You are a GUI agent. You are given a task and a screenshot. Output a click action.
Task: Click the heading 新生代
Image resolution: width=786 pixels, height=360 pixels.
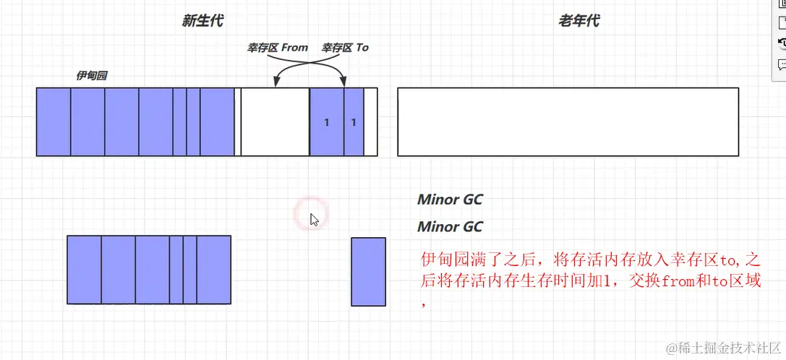point(202,21)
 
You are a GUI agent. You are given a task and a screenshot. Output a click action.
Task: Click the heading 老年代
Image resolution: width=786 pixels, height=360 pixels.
point(578,21)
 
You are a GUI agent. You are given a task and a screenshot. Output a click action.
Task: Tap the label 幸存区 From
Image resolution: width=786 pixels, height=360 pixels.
point(278,48)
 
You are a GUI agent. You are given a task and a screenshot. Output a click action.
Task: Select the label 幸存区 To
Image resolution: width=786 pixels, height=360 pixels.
point(345,48)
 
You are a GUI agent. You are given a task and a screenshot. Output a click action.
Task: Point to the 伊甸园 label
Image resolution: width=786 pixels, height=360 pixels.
point(92,75)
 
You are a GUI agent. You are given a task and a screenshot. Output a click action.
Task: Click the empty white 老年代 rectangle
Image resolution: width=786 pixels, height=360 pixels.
point(568,121)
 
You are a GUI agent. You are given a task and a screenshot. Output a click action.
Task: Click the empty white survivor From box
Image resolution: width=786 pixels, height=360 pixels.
point(275,121)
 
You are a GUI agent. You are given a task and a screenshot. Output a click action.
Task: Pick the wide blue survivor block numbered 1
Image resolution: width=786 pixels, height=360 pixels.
point(327,121)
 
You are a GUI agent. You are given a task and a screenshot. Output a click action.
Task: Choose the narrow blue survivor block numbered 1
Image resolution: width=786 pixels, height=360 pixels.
point(354,121)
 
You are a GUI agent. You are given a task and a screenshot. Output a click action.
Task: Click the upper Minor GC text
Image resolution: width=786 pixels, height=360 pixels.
point(450,200)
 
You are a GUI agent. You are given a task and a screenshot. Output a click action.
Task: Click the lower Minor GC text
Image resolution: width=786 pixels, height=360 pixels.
point(450,227)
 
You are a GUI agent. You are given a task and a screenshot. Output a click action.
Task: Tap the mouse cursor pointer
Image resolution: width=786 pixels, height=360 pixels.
point(314,219)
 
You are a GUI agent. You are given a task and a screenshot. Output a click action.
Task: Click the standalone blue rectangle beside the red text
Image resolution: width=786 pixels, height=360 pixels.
point(369,272)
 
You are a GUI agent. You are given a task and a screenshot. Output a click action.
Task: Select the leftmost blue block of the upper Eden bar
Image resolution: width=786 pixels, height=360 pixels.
point(54,121)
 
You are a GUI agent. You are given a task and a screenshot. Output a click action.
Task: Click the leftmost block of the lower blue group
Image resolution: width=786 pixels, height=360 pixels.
point(84,270)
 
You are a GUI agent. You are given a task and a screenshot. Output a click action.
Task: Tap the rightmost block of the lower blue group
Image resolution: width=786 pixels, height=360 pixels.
point(213,270)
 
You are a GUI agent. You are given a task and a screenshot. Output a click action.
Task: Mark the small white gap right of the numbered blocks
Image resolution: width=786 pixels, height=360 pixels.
point(370,121)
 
